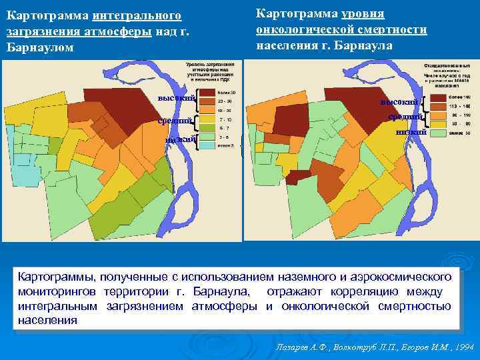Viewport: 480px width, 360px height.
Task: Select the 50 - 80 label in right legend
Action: pos(457,124)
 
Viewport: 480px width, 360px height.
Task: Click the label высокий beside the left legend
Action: pos(176,99)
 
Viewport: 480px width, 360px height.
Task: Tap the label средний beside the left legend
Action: pos(175,121)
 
